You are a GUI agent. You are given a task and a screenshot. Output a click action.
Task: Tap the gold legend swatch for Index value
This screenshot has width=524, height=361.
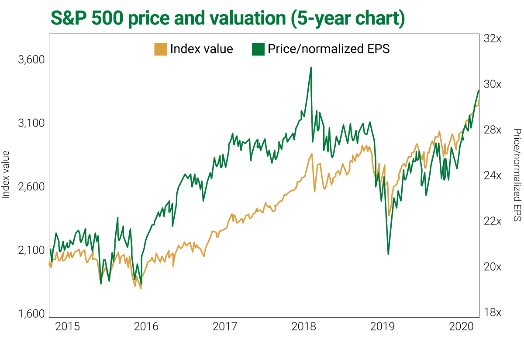161,49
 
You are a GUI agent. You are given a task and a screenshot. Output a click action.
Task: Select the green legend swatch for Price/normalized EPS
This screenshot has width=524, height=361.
258,49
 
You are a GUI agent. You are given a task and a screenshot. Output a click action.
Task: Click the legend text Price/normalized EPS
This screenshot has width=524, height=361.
328,49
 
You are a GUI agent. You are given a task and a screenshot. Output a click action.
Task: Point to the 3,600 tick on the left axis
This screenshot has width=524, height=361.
31,60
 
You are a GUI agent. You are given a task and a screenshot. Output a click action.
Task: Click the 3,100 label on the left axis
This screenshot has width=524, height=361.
31,123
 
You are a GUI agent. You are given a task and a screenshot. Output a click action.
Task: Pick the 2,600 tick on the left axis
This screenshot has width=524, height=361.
31,187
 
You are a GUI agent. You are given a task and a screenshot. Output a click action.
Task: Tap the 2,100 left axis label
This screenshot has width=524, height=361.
31,251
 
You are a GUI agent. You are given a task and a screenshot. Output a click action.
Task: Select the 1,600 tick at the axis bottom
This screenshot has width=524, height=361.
31,314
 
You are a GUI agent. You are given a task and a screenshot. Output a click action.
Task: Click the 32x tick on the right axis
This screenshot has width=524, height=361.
493,39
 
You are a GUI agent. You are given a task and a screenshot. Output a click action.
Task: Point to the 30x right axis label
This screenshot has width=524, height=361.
493,84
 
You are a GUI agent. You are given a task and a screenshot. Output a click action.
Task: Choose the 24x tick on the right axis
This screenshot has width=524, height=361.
493,175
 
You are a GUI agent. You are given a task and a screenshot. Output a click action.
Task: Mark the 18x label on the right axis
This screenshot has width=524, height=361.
493,312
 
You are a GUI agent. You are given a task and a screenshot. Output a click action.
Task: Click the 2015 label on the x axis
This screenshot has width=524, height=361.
68,327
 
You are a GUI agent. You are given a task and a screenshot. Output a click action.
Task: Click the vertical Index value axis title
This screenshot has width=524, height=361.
6,175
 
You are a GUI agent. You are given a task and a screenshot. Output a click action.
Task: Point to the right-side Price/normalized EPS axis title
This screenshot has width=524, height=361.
517,175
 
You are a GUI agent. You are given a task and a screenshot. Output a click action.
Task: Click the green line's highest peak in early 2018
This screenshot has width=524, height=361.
311,67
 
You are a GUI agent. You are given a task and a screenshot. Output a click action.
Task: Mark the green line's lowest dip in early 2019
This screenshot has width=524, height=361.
388,254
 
